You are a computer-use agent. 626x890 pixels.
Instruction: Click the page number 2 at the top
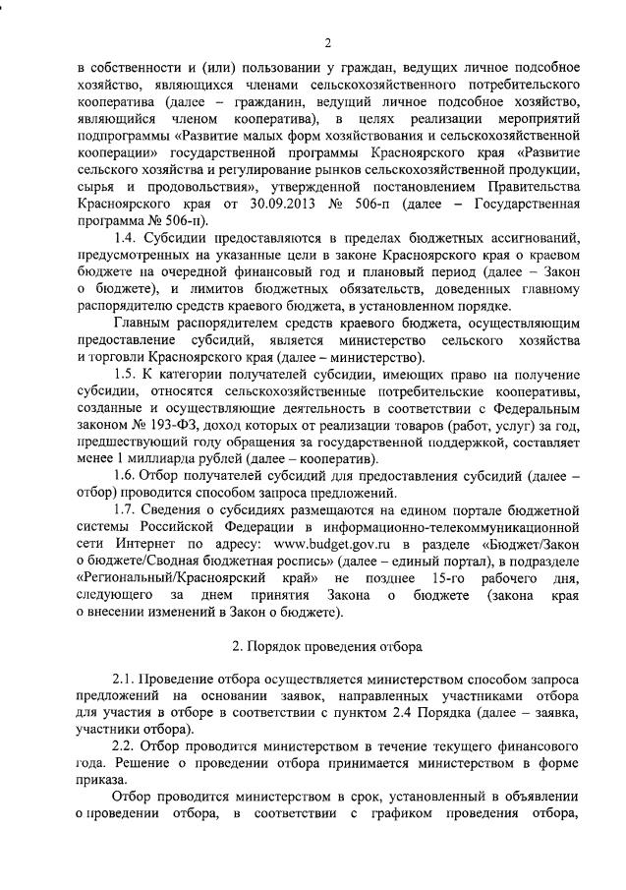327,41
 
